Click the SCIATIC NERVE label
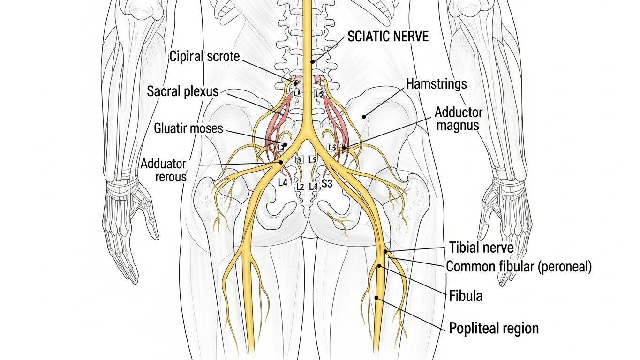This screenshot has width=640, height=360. (388, 37)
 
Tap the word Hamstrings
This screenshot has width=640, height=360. (436, 84)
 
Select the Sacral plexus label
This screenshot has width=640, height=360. (183, 91)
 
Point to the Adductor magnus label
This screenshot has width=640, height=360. (458, 119)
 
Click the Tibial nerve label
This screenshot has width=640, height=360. (482, 247)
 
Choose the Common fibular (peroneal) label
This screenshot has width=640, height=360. (519, 267)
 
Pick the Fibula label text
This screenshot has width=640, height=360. (466, 296)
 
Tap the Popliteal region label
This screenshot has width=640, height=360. (494, 328)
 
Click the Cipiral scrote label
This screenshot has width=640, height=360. (204, 57)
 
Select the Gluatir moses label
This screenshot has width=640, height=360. (188, 127)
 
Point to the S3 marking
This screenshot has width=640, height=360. (326, 183)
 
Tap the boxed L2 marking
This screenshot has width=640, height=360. (300, 187)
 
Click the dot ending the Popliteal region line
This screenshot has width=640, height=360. (377, 297)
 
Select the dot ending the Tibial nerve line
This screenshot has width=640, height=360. (385, 252)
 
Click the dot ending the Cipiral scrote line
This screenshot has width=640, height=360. (295, 83)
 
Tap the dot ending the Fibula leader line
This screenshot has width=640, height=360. (379, 266)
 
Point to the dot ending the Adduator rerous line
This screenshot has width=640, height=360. (280, 162)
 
